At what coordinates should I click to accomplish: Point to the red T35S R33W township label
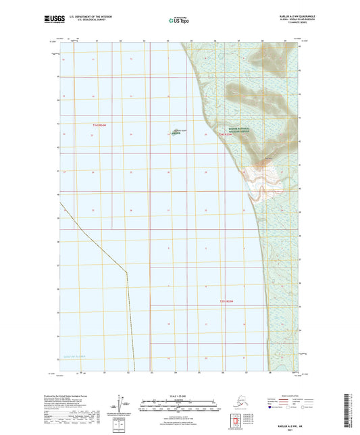click(x=230, y=301)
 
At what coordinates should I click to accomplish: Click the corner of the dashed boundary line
click(x=126, y=272)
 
